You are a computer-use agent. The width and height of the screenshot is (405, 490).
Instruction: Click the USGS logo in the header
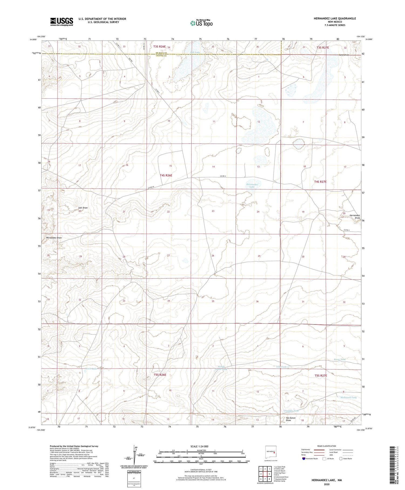pos(62,22)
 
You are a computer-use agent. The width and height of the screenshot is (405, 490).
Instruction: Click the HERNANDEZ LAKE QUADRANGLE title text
pos(331,18)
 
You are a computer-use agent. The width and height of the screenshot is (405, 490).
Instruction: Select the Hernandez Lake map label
pos(252,185)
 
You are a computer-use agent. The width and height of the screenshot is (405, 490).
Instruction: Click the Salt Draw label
pos(83,208)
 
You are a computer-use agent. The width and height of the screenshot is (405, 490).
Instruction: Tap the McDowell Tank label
pos(348,397)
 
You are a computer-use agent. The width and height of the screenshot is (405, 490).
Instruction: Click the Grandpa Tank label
pos(291,411)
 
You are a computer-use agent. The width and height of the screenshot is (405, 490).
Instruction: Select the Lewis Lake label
pos(91,368)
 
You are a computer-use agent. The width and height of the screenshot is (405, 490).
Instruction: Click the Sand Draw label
pos(344,55)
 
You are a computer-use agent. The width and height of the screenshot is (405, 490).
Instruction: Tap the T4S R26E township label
pos(166,175)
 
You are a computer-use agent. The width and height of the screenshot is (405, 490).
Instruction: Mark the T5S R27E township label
pos(320,376)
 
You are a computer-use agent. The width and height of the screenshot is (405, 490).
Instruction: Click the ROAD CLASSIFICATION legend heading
pos(326,446)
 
